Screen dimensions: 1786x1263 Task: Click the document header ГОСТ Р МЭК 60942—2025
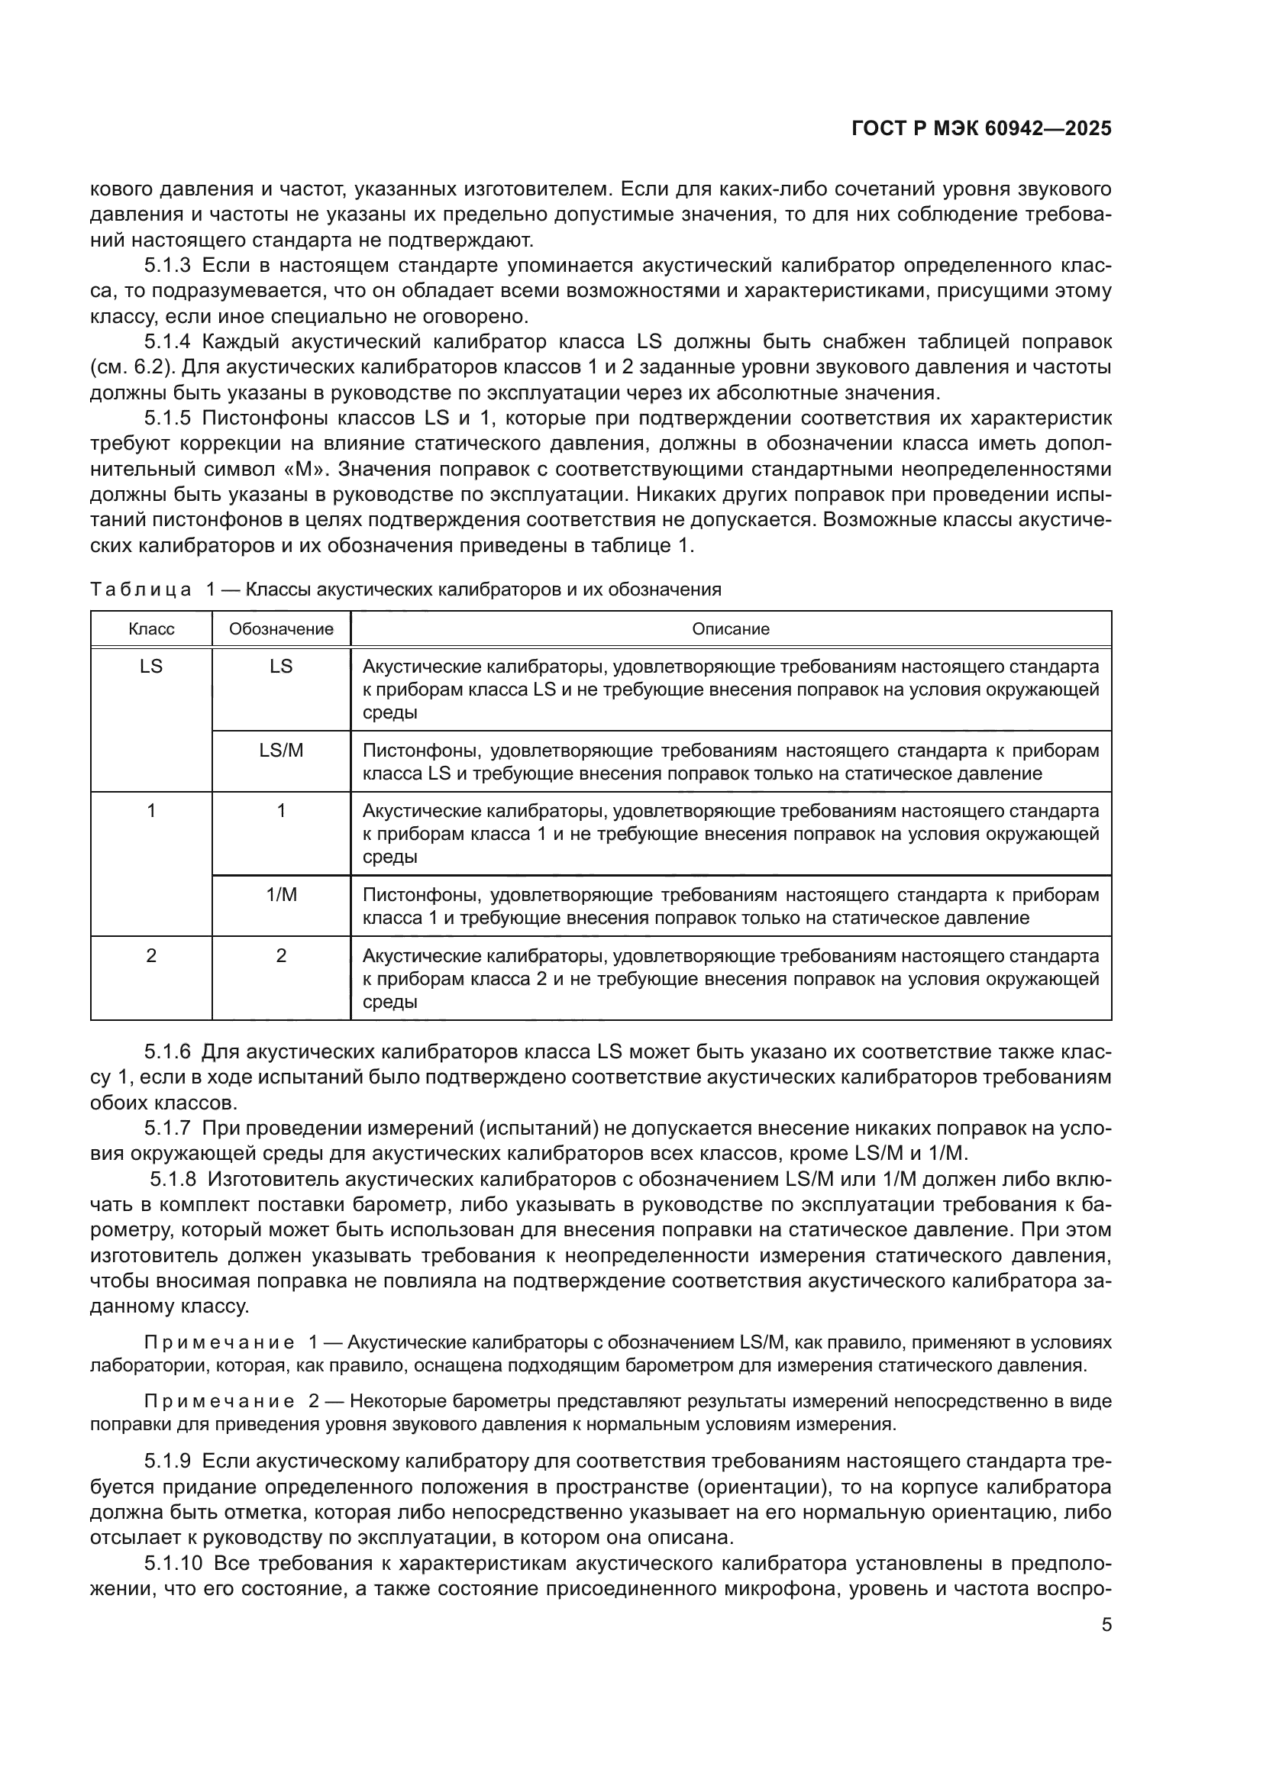tap(981, 129)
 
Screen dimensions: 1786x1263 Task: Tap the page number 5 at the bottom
tap(1106, 1625)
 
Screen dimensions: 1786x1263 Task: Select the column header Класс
tap(151, 629)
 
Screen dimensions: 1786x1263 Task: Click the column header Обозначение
tap(281, 629)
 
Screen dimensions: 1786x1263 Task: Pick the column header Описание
tap(730, 629)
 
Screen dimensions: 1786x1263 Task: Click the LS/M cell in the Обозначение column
tap(281, 751)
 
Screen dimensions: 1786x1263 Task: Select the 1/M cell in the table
tap(281, 896)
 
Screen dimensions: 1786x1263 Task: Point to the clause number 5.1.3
tap(167, 266)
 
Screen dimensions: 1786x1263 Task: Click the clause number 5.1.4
tap(167, 342)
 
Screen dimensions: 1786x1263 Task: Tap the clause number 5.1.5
tap(167, 418)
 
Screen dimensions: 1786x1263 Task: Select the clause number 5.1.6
tap(167, 1052)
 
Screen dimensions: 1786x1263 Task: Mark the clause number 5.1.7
tap(167, 1129)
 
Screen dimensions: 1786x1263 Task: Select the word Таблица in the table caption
tap(141, 589)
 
